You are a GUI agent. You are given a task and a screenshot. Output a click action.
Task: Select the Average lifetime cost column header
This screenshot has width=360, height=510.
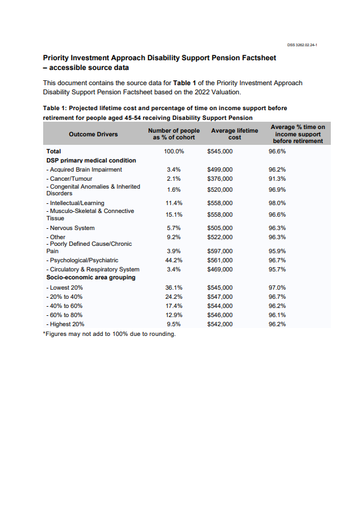[234, 134]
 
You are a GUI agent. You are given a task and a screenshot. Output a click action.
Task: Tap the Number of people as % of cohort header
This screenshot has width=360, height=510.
[174, 134]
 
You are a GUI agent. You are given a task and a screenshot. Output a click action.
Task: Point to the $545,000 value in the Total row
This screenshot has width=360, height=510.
[220, 151]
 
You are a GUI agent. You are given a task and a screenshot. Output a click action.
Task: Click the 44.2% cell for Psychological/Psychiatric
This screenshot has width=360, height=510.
[174, 260]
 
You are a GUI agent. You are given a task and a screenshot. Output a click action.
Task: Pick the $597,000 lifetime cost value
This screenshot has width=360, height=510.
[220, 251]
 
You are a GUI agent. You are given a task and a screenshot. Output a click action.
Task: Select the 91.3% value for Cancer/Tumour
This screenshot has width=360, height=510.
[277, 178]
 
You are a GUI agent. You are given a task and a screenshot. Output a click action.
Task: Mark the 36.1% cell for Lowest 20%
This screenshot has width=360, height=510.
[174, 287]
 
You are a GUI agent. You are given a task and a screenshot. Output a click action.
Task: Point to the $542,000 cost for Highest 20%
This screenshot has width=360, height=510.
[220, 324]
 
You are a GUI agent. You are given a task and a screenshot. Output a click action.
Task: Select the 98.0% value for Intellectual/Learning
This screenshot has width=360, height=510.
[277, 203]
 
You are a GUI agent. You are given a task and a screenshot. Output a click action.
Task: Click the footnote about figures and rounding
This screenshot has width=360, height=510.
[109, 334]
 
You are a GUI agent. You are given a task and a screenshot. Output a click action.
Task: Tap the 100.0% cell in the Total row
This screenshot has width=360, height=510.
[174, 151]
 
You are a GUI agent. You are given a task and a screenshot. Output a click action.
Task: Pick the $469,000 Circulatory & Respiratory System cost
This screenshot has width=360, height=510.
[220, 269]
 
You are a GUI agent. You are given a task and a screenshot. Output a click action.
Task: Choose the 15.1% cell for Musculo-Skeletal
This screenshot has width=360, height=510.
[174, 215]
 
